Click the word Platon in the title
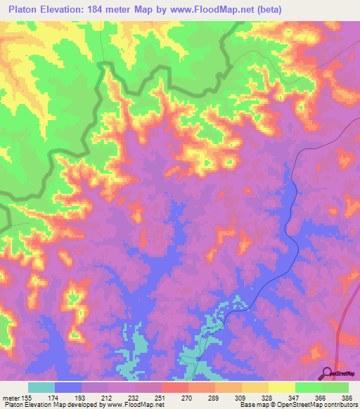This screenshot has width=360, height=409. (20, 9)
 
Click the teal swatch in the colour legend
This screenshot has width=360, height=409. (41, 387)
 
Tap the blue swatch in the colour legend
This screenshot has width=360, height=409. (68, 387)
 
